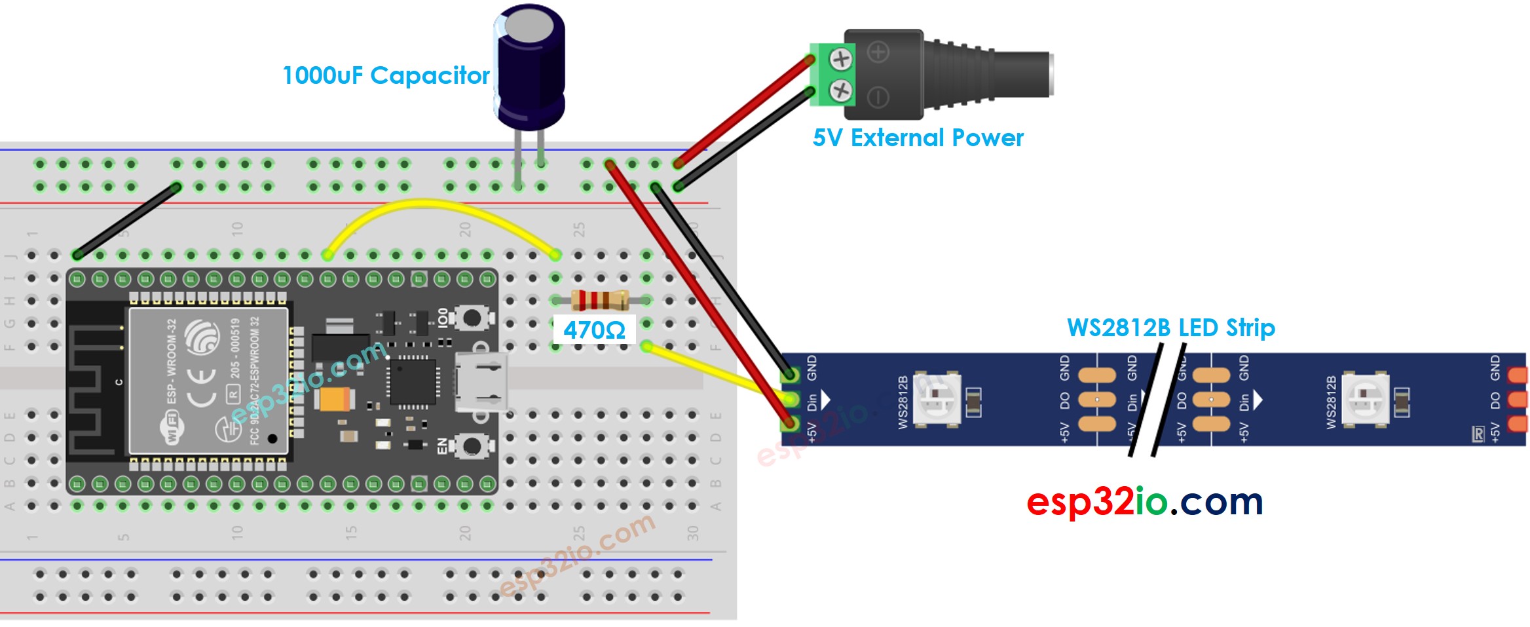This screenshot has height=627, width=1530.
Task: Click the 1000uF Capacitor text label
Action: pyautogui.click(x=385, y=76)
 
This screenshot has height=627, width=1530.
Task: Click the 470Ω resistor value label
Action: pyautogui.click(x=594, y=330)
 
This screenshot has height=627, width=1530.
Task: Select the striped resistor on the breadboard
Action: pyautogui.click(x=600, y=300)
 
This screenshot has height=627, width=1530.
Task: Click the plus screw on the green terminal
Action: pyautogui.click(x=840, y=60)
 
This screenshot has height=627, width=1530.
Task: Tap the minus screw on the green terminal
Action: pyautogui.click(x=840, y=90)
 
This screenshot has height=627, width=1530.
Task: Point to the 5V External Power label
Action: pyautogui.click(x=917, y=138)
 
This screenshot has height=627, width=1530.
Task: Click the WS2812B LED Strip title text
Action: pyautogui.click(x=1170, y=327)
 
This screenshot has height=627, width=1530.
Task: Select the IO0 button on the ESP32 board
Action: pyautogui.click(x=471, y=318)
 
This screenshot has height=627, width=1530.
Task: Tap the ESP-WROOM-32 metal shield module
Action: pyautogui.click(x=208, y=381)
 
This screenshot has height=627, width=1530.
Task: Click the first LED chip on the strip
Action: pyautogui.click(x=937, y=399)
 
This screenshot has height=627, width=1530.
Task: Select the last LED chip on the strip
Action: pyautogui.click(x=1365, y=399)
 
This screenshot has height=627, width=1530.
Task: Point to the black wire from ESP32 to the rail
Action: pyautogui.click(x=126, y=221)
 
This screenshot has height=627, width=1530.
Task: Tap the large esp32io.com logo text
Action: pyautogui.click(x=1144, y=503)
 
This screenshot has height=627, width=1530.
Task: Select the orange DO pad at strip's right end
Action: pyautogui.click(x=1517, y=399)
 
